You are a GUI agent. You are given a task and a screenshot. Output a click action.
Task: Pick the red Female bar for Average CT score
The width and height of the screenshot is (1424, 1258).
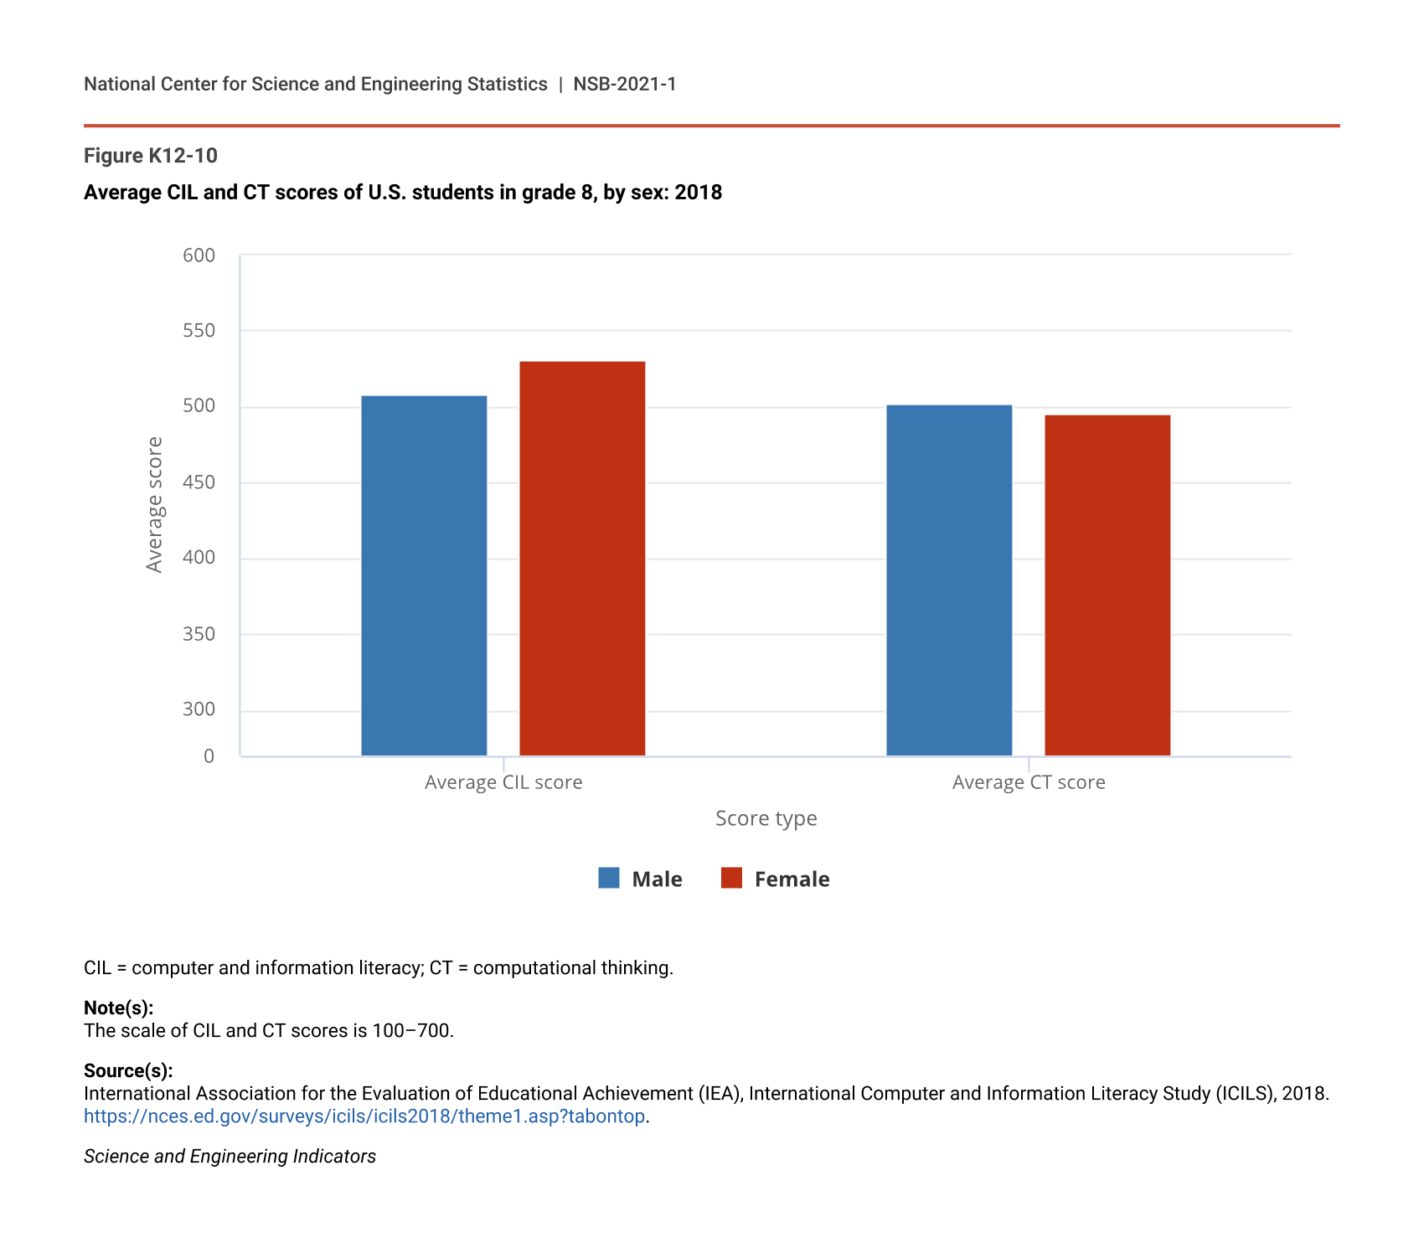click(x=1107, y=585)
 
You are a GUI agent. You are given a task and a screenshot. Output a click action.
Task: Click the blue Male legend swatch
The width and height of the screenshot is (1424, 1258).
click(x=609, y=878)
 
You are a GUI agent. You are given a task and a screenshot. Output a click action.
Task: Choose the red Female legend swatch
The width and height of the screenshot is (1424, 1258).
click(x=731, y=878)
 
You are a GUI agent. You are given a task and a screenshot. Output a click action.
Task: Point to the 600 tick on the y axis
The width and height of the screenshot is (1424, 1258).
click(x=199, y=255)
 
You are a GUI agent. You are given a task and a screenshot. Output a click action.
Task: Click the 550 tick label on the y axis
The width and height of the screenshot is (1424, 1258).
click(x=199, y=331)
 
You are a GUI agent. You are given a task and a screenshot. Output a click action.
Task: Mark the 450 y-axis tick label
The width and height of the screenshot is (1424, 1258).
click(x=199, y=482)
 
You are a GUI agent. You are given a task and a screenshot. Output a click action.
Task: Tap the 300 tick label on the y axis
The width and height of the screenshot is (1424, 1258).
click(x=199, y=709)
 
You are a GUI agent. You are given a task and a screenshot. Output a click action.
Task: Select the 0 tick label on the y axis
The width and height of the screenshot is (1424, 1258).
click(x=209, y=756)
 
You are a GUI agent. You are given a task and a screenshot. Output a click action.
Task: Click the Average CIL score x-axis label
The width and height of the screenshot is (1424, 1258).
click(x=503, y=782)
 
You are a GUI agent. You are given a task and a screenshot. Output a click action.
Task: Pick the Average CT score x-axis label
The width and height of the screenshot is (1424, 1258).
click(x=1029, y=782)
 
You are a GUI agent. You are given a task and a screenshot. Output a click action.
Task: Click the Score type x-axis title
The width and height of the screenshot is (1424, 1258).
click(x=766, y=818)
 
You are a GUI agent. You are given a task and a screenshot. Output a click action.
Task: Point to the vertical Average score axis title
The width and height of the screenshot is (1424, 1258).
click(x=154, y=504)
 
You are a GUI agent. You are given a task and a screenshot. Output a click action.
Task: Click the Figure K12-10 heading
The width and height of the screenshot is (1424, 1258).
click(x=151, y=156)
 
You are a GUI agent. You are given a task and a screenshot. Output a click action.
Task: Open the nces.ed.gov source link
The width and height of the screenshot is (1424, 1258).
click(x=364, y=1116)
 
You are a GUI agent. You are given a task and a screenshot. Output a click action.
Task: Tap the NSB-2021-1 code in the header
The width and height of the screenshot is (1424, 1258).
click(x=624, y=84)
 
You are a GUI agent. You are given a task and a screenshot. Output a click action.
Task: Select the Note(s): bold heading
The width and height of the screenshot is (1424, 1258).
click(x=118, y=1008)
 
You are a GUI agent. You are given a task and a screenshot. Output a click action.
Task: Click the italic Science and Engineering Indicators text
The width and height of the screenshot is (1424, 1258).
click(x=230, y=1157)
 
